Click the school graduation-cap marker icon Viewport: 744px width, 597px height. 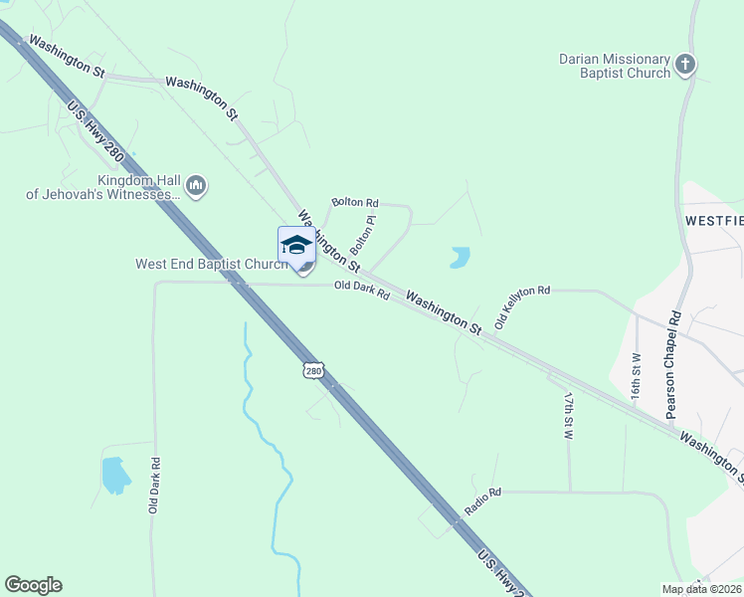pyautogui.click(x=296, y=245)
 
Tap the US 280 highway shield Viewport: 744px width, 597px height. pyautogui.click(x=313, y=370)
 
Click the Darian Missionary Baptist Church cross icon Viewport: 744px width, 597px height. pyautogui.click(x=684, y=66)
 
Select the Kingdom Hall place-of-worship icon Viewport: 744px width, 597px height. pyautogui.click(x=196, y=185)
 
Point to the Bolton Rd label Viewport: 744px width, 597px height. pyautogui.click(x=355, y=202)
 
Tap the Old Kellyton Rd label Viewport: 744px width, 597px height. pyautogui.click(x=522, y=306)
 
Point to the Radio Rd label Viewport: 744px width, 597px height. pyautogui.click(x=483, y=499)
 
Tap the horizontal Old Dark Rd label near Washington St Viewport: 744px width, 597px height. pyautogui.click(x=361, y=291)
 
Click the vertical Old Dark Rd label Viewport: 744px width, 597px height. pyautogui.click(x=154, y=486)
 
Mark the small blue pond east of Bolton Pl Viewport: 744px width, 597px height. pyautogui.click(x=459, y=258)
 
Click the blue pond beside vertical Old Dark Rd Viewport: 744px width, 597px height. pyautogui.click(x=114, y=475)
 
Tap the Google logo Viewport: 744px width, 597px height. pyautogui.click(x=33, y=584)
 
